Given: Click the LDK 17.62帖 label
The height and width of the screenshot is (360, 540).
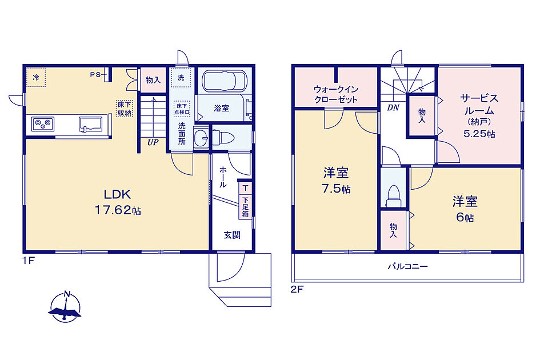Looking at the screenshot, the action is (118, 202).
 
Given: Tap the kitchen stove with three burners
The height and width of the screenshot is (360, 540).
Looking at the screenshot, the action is (43, 124).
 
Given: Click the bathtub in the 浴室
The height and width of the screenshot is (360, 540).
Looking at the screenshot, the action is (224, 81).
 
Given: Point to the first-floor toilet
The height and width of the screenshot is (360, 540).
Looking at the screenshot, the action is (223, 138).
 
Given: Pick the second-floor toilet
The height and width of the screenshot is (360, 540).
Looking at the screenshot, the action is (393, 195).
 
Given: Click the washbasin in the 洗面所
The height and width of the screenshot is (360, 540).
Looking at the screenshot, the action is (201, 138).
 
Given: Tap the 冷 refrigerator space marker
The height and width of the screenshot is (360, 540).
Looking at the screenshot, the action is (36, 77).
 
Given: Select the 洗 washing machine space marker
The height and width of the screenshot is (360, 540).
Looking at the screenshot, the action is (181, 78).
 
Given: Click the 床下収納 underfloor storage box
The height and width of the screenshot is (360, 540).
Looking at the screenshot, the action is (124, 109).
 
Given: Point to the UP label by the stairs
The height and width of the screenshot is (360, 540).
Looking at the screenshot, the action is (153, 142).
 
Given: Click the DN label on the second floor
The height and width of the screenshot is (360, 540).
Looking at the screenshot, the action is (393, 108).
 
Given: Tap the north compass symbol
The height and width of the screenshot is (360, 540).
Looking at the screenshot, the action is (66, 307).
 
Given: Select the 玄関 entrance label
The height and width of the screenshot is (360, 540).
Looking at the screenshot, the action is (232, 235).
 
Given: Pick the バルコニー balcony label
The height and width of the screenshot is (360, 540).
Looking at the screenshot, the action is (408, 266).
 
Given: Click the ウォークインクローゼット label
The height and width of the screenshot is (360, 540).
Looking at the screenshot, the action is (336, 94).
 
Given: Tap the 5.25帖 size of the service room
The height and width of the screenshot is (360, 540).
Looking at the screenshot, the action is (479, 134).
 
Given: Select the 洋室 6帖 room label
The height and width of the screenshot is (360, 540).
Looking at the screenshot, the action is (465, 209).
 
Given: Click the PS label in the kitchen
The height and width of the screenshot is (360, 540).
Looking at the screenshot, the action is (96, 74).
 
